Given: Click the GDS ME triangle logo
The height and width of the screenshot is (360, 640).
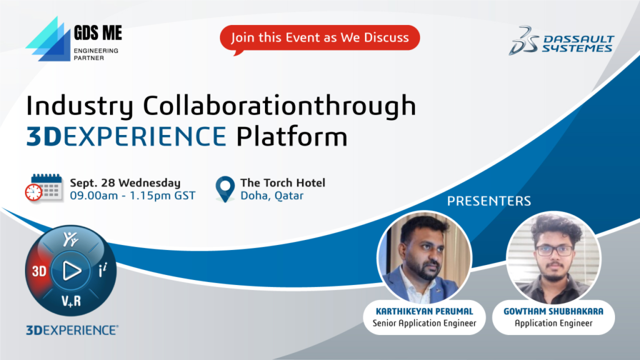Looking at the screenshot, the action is (48, 39).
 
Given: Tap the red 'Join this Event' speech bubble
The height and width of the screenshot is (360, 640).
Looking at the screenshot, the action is (320, 38).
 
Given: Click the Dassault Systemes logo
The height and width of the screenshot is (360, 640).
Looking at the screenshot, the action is (561, 41).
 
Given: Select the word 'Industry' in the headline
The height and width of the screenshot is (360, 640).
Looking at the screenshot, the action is (79, 106).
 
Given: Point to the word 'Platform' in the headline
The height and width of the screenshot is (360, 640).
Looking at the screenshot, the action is (292, 136).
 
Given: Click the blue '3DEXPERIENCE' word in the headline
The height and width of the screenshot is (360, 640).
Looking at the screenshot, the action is (126, 136).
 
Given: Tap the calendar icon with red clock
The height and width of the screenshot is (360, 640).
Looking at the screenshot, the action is (44, 187).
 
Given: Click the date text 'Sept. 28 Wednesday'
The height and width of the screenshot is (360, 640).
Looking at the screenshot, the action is (125, 183).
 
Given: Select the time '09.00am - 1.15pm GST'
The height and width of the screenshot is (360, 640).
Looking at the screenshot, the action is (132, 196).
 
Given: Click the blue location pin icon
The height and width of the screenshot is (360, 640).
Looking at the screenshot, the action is (225, 189).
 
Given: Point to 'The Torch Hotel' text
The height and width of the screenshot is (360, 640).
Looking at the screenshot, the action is (282, 182).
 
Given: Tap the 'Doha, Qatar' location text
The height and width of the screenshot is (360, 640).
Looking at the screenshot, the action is (272, 196).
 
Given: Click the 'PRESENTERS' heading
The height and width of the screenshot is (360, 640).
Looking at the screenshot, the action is (489, 201).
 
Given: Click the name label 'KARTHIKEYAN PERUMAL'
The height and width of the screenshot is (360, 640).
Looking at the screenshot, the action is (424, 311).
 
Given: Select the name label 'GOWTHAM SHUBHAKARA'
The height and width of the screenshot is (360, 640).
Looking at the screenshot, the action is (554, 311).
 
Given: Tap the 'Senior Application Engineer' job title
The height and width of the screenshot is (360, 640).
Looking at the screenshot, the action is (424, 323).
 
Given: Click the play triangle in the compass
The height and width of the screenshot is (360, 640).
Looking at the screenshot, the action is (71, 271).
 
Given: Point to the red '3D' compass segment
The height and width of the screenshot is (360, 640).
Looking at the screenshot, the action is (38, 271).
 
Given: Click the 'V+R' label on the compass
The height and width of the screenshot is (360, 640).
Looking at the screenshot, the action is (71, 301).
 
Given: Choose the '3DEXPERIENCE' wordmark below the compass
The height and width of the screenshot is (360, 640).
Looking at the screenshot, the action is (72, 330).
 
